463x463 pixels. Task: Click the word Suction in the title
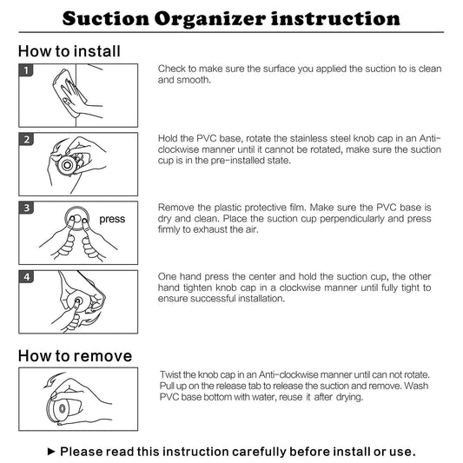click(106, 18)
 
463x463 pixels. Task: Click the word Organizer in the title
click(210, 19)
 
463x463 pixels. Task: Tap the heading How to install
click(69, 51)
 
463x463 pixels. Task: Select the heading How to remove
click(75, 356)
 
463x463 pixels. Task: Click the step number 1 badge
click(26, 70)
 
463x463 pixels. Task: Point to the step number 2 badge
click(26, 139)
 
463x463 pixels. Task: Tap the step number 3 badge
click(26, 208)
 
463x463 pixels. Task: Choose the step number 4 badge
click(26, 277)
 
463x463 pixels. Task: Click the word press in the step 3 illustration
click(112, 220)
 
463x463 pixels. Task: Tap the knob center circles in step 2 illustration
click(67, 165)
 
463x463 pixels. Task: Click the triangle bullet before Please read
click(51, 451)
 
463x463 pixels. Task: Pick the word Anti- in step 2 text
click(430, 138)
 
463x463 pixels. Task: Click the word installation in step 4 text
click(261, 299)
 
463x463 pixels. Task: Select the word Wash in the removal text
click(416, 386)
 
